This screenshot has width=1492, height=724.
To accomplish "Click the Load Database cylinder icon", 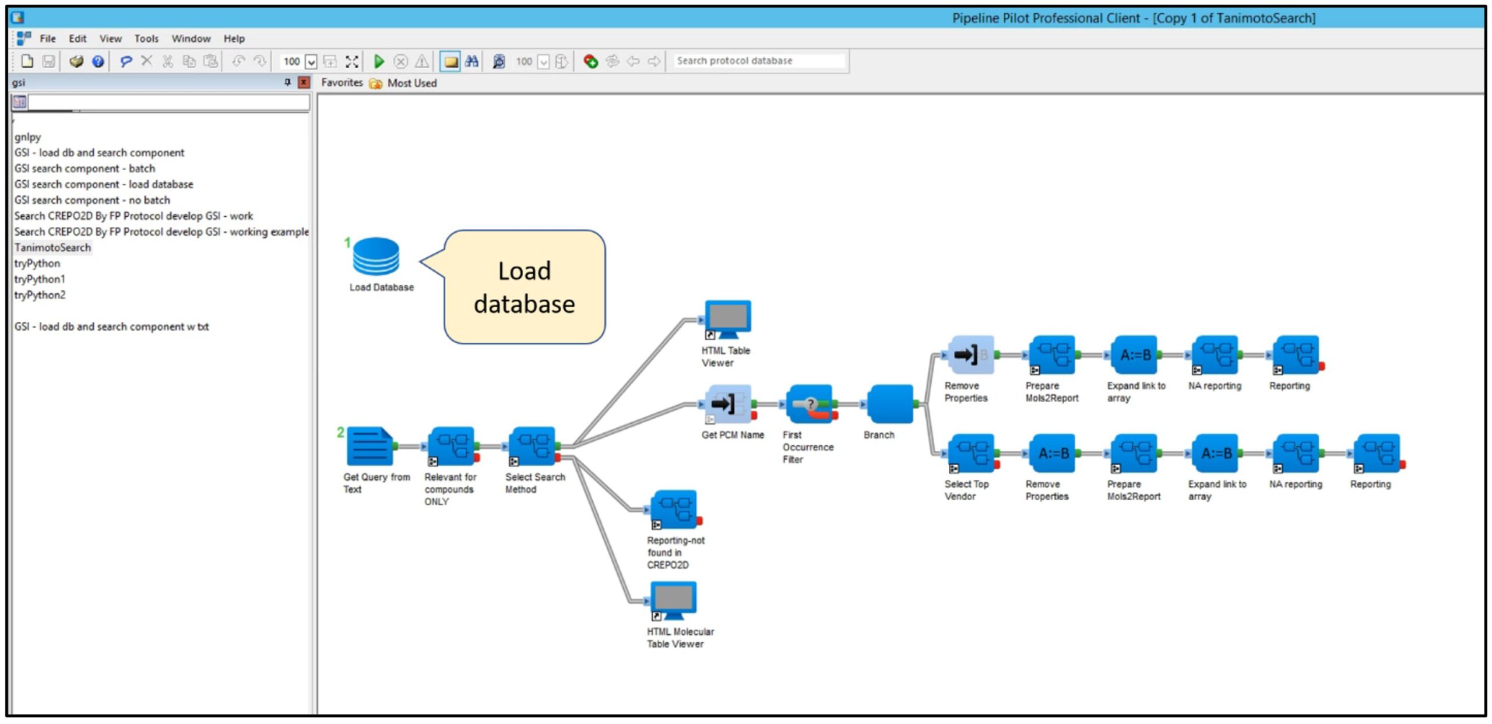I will click(x=376, y=256).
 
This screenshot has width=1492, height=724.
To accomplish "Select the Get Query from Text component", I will click(x=370, y=447).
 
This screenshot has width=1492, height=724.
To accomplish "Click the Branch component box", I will click(x=889, y=403).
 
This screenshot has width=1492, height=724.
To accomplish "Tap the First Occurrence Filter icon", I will click(x=808, y=403).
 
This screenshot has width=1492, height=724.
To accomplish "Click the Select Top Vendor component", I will click(x=970, y=453).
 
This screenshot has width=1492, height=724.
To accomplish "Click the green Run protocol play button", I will click(x=379, y=61).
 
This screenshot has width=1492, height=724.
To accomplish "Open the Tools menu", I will click(x=146, y=38).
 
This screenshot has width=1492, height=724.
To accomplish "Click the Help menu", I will click(x=234, y=38).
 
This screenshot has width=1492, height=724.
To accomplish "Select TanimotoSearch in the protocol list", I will click(x=52, y=247).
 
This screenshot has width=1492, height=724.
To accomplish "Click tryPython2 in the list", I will click(x=40, y=295).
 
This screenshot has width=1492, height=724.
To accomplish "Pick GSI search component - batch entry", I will click(x=85, y=168).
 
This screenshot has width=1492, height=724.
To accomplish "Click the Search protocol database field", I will click(x=758, y=61).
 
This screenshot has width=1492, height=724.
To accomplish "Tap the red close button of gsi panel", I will click(x=304, y=82).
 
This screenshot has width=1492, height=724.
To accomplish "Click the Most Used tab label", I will click(x=411, y=83).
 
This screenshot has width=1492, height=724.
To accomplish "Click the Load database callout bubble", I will click(x=524, y=287).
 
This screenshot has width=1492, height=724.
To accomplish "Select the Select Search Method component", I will click(x=532, y=447).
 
